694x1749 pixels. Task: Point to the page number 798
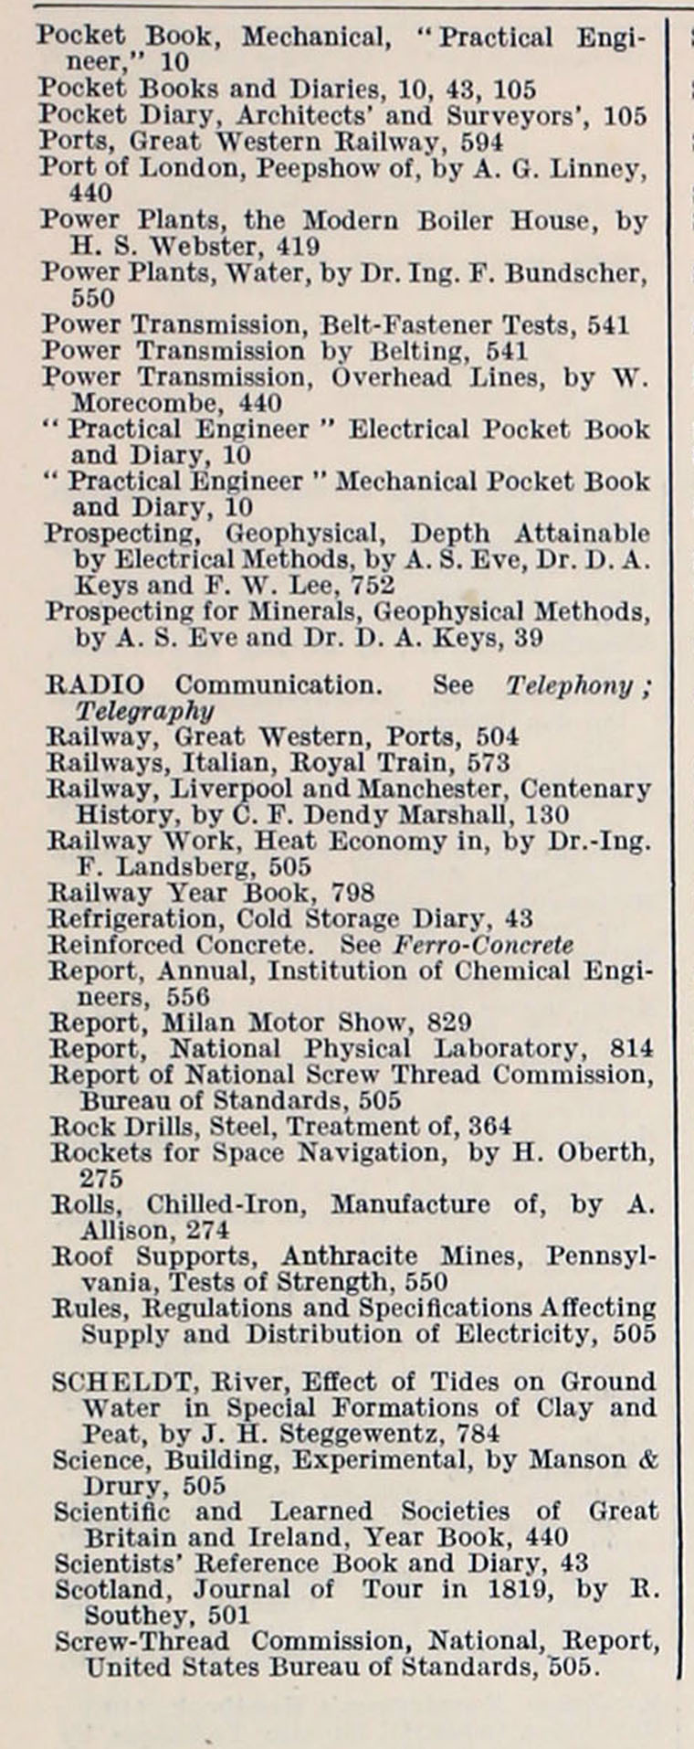352,893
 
